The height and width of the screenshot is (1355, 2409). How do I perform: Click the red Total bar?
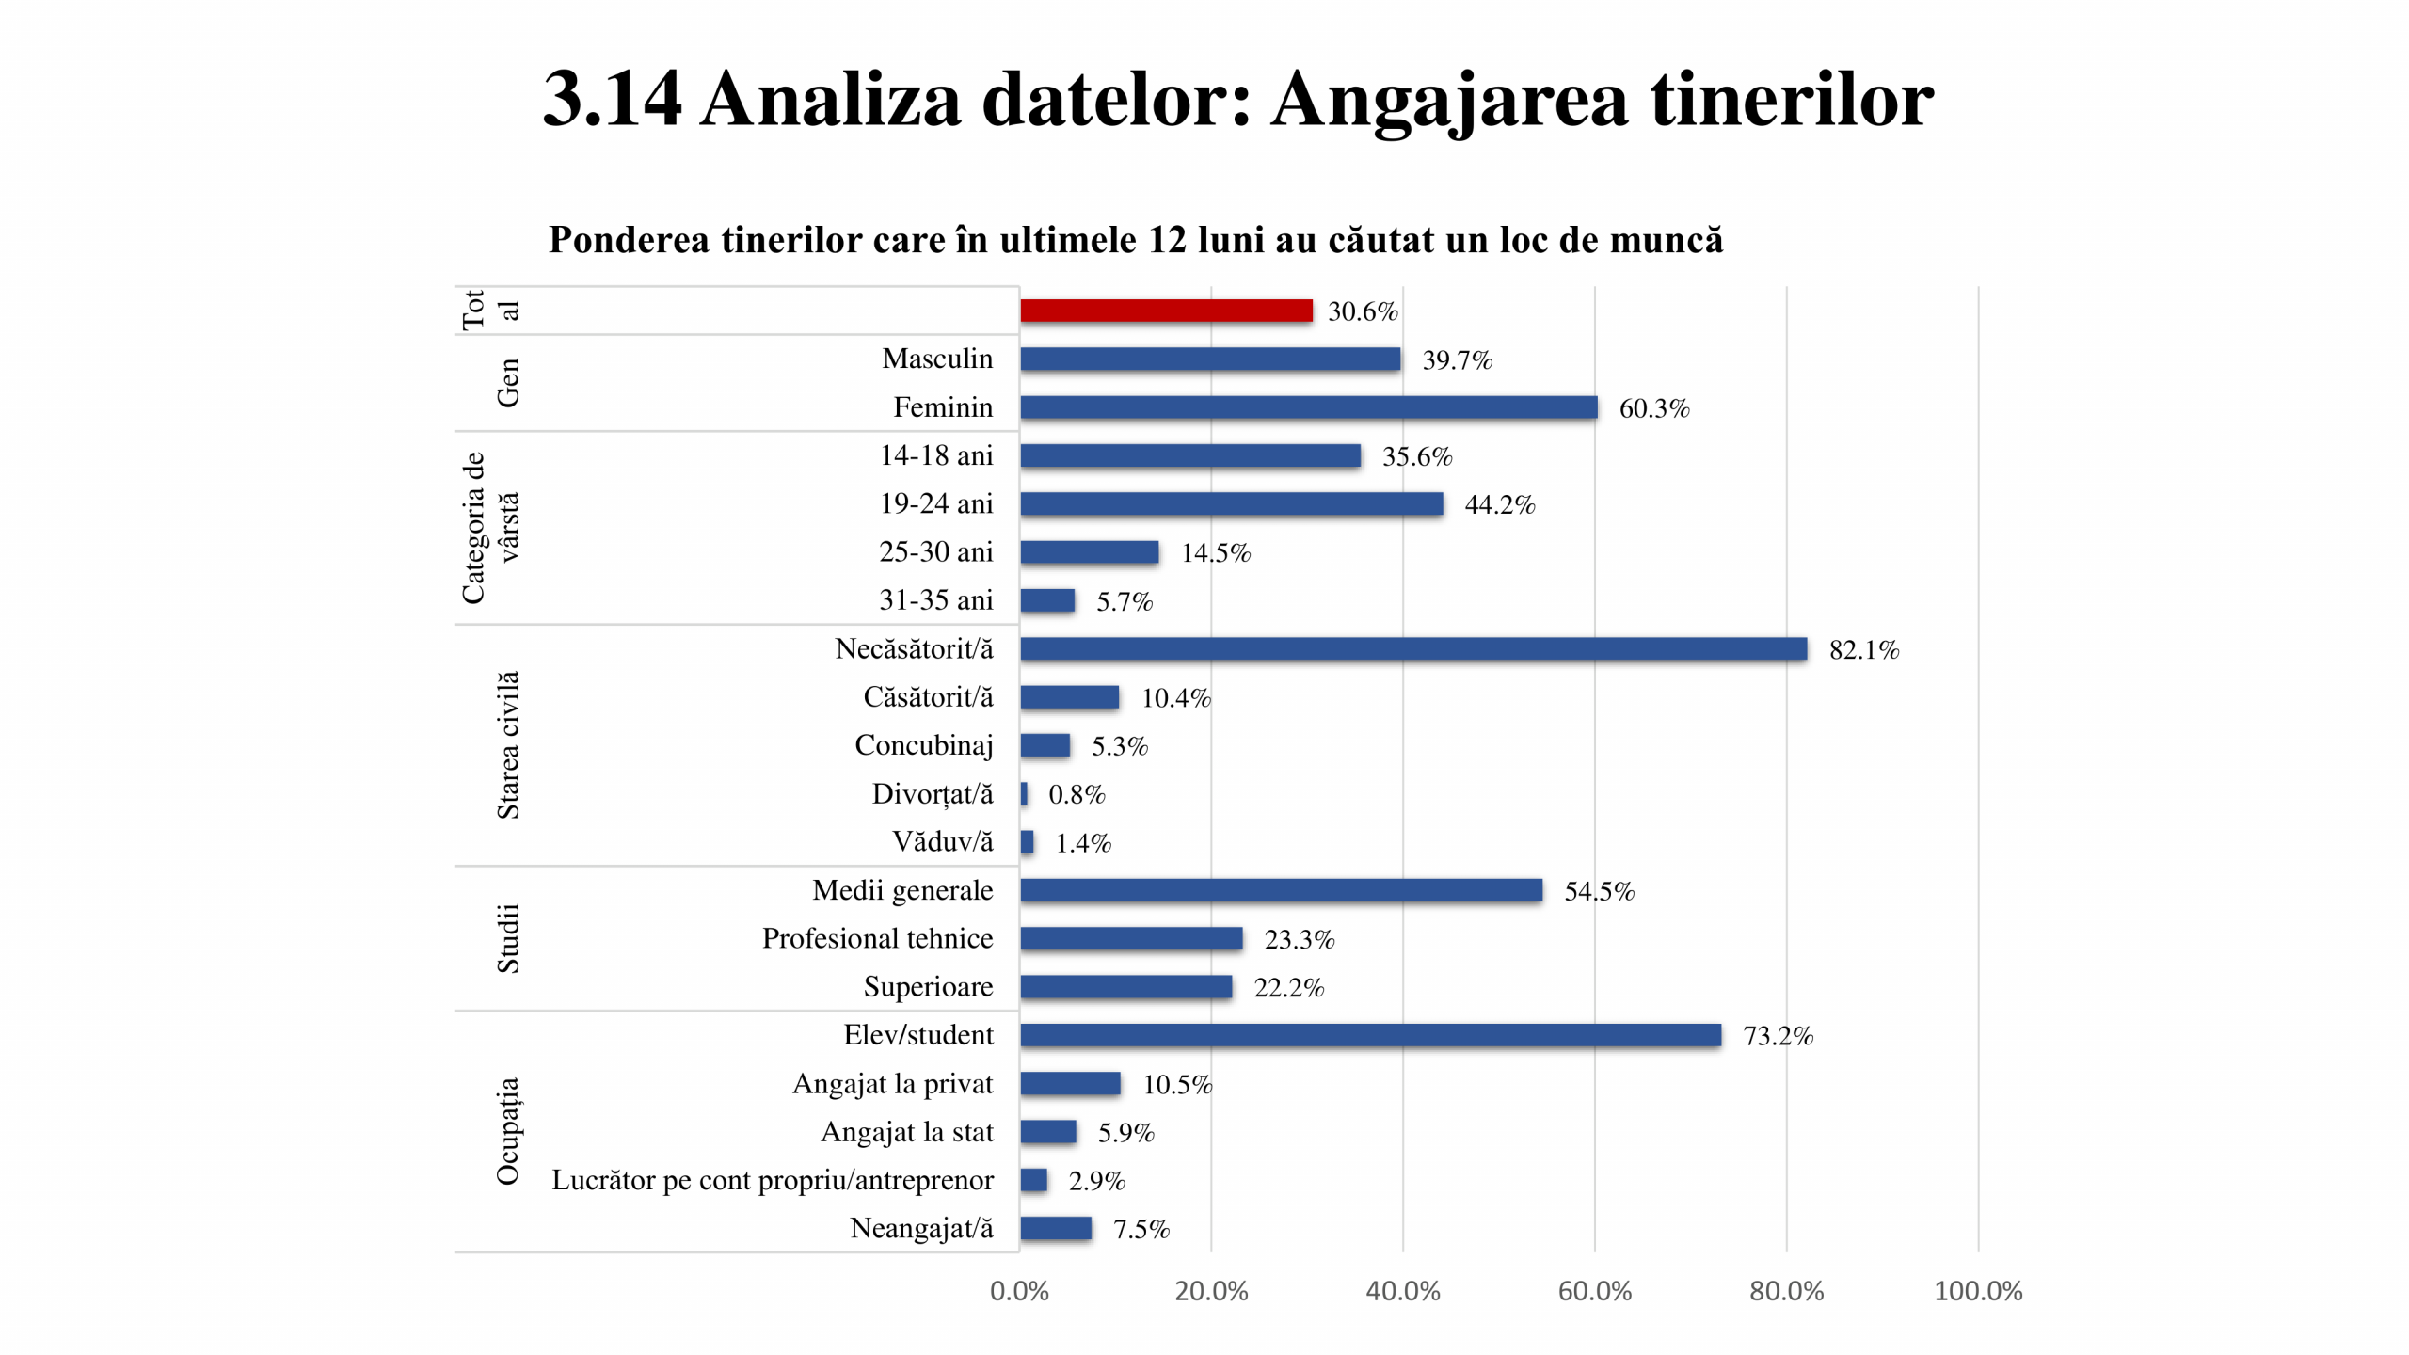tap(1166, 311)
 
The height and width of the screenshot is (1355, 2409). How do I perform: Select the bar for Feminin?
tap(1308, 407)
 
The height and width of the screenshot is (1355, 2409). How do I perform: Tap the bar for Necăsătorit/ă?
tap(1413, 648)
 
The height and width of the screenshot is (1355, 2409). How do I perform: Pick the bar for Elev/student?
tap(1370, 1035)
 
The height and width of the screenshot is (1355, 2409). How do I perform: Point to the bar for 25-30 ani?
tap(1090, 552)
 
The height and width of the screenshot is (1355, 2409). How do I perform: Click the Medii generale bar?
tap(1281, 890)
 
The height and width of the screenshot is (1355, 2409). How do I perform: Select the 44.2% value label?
tap(1499, 505)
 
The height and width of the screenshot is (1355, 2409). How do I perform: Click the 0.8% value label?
tap(1077, 795)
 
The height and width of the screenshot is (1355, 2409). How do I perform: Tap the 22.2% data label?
tap(1288, 988)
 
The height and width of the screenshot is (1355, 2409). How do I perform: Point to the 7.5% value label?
tap(1141, 1230)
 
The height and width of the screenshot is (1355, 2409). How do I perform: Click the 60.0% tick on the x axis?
tap(1594, 1291)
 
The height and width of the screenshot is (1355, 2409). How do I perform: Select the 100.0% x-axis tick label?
tap(1977, 1291)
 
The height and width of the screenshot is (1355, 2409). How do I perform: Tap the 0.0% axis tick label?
tap(1019, 1291)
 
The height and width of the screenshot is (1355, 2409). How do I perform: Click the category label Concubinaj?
tap(923, 745)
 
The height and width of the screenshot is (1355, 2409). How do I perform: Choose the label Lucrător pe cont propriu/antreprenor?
tap(772, 1180)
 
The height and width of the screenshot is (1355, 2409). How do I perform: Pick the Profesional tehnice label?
tap(877, 938)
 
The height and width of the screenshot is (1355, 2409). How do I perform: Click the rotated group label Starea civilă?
tap(507, 744)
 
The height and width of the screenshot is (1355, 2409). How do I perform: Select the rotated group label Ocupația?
tap(507, 1131)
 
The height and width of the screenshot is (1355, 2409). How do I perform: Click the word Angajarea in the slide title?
tap(1449, 100)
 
